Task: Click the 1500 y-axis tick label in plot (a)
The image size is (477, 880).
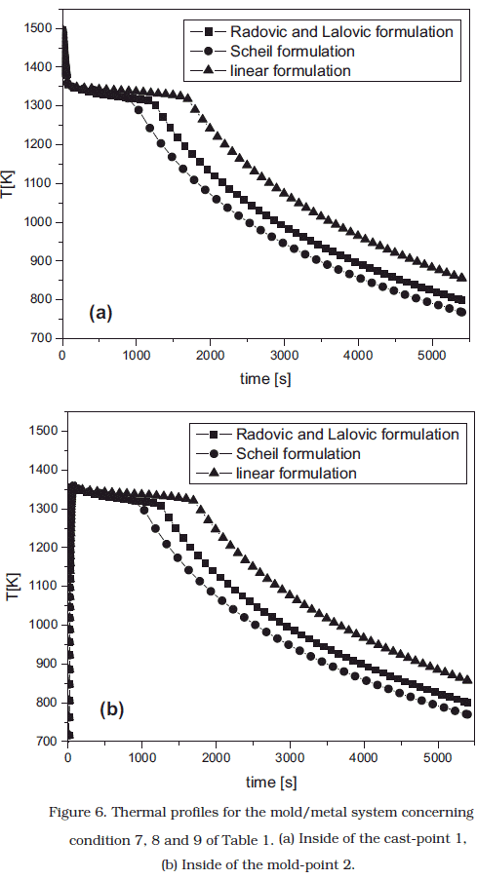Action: (x=39, y=28)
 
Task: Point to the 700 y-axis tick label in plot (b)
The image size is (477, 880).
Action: (x=48, y=741)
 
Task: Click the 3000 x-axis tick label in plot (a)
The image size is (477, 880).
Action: (x=284, y=355)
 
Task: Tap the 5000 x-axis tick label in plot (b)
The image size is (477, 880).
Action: (x=438, y=757)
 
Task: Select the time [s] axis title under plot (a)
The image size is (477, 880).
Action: (x=265, y=379)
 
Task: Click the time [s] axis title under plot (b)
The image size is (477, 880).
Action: (x=271, y=782)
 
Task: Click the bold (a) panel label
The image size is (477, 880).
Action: (x=100, y=312)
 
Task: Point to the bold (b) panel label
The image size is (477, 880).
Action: (x=111, y=709)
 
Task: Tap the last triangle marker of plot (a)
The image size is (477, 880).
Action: (x=462, y=277)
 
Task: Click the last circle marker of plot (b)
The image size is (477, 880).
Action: (x=467, y=714)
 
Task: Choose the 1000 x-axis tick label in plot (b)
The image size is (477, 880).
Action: (x=141, y=757)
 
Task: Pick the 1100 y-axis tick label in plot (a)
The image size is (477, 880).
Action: (x=39, y=183)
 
